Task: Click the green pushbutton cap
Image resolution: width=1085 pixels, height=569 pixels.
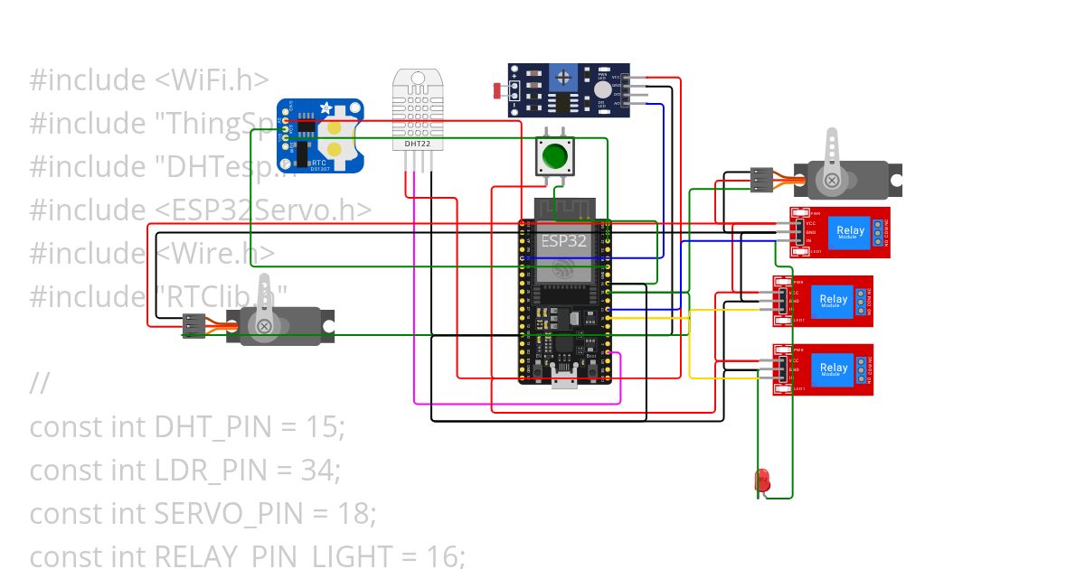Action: coord(553,156)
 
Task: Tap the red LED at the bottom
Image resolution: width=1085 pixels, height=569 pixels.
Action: coord(762,479)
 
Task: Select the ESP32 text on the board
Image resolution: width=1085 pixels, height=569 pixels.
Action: coord(564,242)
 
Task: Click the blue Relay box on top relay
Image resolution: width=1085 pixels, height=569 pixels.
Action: coord(850,231)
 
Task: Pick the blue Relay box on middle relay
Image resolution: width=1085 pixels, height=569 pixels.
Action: coord(833,300)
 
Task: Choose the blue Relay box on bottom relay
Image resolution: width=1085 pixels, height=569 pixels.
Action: coord(833,368)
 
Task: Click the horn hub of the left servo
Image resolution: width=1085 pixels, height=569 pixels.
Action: coord(263,325)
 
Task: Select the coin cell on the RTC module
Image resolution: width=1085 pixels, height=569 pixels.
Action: coord(335,136)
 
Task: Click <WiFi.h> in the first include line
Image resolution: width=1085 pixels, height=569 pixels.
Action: coord(212,79)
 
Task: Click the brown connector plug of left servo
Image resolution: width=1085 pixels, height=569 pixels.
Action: coord(193,324)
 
